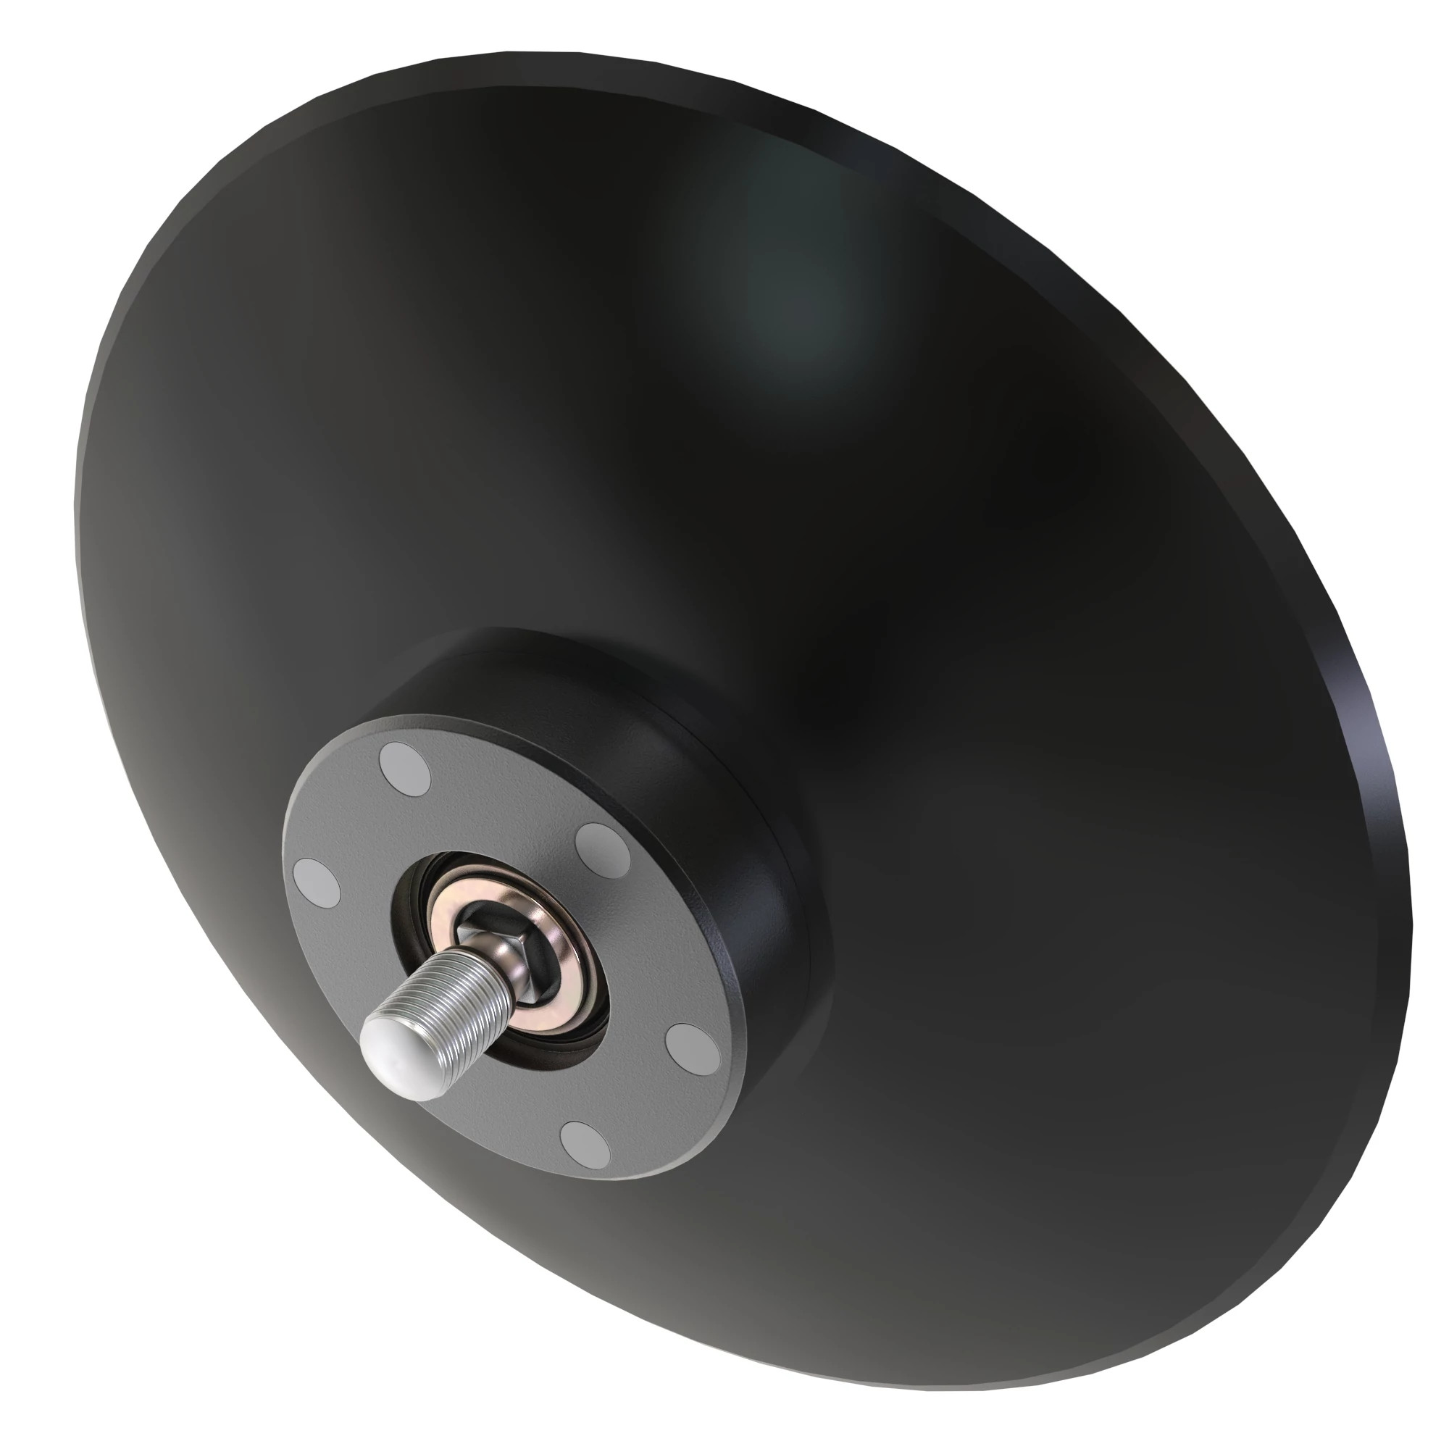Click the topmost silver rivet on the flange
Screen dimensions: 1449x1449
[x=406, y=768]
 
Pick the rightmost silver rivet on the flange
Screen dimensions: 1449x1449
[x=692, y=1047]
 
